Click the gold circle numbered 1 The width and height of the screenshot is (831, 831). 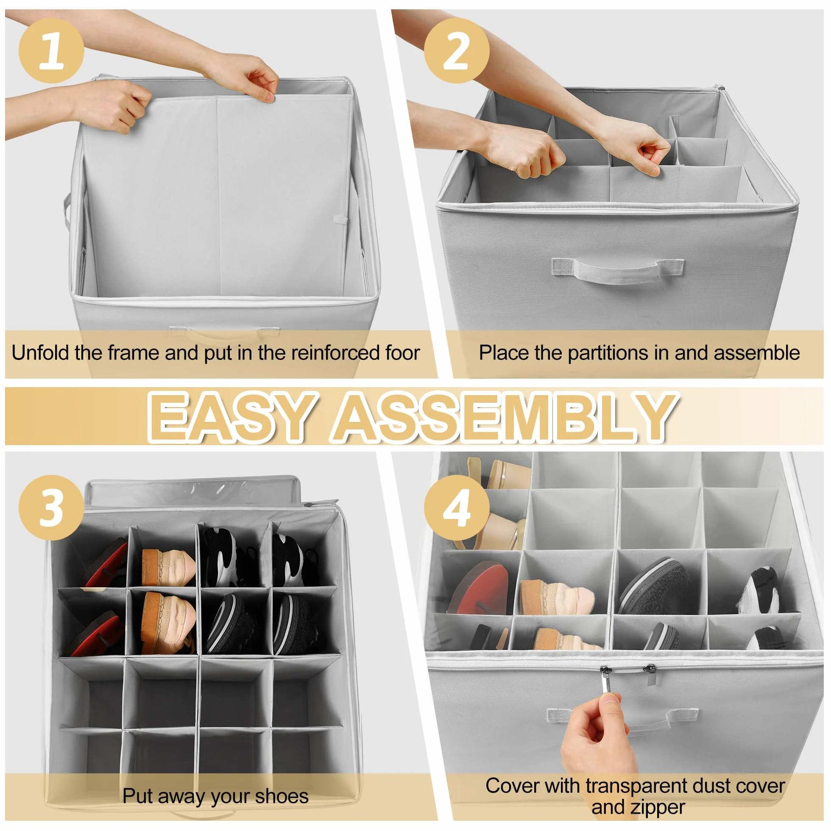click(x=51, y=51)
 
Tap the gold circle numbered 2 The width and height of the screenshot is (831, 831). click(x=456, y=51)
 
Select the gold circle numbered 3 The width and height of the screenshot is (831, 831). click(x=51, y=508)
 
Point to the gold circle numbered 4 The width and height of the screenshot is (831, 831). click(x=456, y=508)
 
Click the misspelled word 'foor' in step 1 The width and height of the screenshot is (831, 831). click(x=402, y=353)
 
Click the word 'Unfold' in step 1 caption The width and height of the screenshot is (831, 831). click(x=40, y=353)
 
